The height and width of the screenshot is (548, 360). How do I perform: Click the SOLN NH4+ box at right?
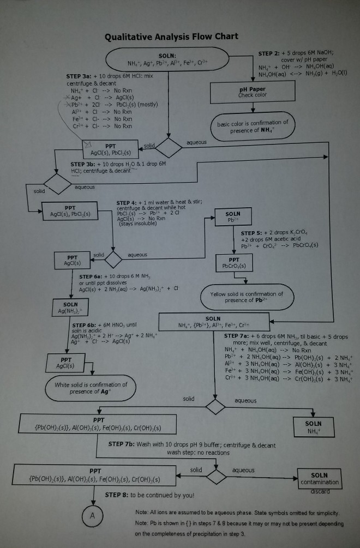(x=313, y=426)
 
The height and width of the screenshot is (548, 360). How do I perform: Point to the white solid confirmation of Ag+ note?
(x=91, y=388)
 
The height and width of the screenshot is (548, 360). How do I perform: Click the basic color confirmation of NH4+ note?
(x=252, y=126)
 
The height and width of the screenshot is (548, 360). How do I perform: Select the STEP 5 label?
(x=253, y=233)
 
